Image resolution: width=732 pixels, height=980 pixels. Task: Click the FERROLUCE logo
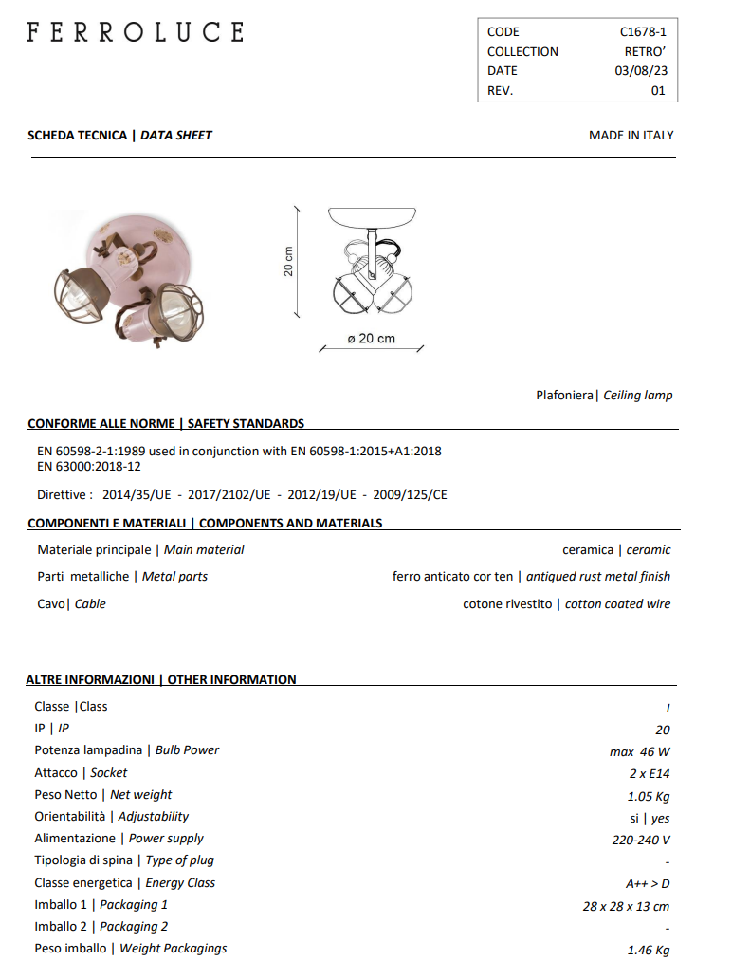136,32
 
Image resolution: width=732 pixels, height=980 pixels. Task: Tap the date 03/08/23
640,71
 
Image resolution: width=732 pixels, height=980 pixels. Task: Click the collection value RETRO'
645,51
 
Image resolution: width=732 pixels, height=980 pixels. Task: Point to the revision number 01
658,91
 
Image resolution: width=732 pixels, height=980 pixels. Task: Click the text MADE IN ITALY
631,135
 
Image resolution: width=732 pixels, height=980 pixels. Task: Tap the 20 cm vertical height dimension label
287,262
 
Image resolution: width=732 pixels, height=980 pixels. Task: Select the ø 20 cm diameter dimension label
372,339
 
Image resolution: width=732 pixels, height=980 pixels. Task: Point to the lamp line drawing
372,262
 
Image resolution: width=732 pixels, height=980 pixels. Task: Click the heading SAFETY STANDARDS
246,423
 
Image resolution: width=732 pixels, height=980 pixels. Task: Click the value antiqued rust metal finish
597,576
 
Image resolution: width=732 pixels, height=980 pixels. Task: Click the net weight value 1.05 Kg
649,795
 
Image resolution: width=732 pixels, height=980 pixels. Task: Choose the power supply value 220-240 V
641,840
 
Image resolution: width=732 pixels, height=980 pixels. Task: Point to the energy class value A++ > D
648,883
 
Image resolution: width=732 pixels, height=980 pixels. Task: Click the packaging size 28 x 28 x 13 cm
626,906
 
